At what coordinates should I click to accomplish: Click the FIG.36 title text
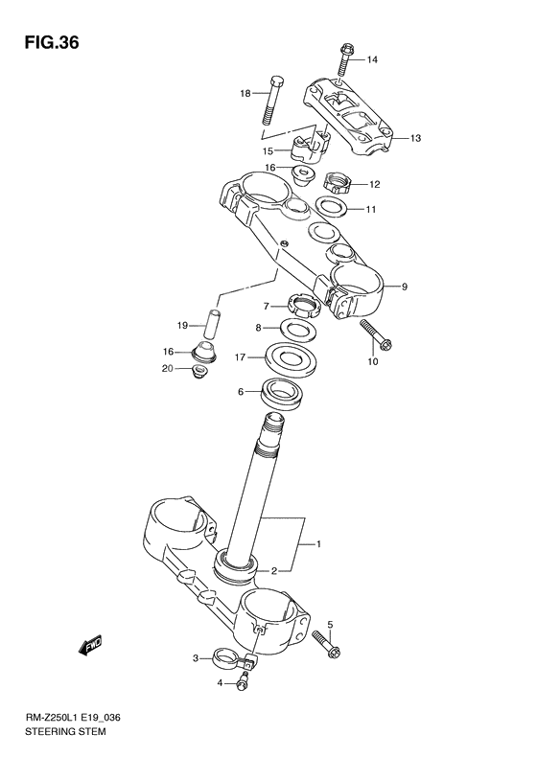pyautogui.click(x=46, y=43)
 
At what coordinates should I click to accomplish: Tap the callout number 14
pyautogui.click(x=372, y=60)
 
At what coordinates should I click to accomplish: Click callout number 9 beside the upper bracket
pyautogui.click(x=405, y=287)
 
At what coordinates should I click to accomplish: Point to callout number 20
pyautogui.click(x=167, y=369)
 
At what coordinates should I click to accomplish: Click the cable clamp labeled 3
pyautogui.click(x=229, y=658)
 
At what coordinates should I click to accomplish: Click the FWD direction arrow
pyautogui.click(x=91, y=647)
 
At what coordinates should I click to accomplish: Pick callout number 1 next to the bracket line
pyautogui.click(x=319, y=544)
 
